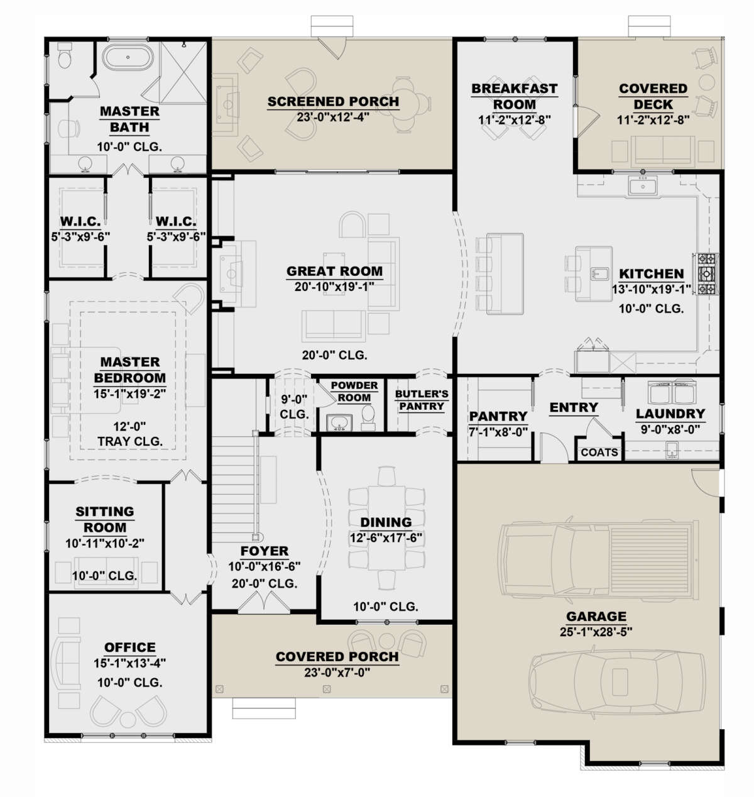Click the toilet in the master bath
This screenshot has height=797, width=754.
pos(65,55)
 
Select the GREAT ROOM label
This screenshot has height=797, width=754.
pos(334,271)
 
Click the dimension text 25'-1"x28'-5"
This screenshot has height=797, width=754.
pos(596,632)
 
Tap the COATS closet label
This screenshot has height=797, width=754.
pos(599,452)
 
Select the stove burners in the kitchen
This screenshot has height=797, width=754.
pos(705,273)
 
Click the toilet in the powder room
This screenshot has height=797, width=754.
pos(368,417)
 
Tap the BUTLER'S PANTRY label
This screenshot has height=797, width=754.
pos(422,400)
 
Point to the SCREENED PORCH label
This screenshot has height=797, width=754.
pos(333,101)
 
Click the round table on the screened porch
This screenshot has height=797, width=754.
pos(405,104)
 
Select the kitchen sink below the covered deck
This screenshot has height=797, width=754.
pos(643,187)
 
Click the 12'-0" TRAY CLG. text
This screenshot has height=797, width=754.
pos(129,434)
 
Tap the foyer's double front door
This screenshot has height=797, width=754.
pos(263,601)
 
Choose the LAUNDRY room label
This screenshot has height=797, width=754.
pos(670,414)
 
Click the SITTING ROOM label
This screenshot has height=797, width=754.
pos(104,519)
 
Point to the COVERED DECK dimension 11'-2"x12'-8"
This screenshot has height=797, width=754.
pos(653,120)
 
